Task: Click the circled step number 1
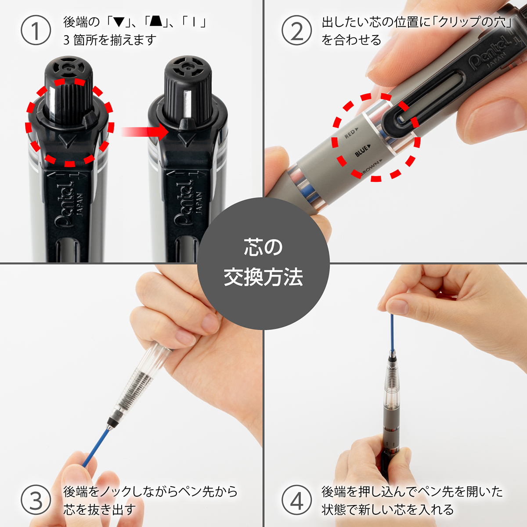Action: pos(36,30)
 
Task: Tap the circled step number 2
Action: pos(297,30)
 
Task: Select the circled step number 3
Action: pos(36,500)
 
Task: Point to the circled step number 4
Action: pos(297,500)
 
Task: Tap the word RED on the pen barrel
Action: pos(350,134)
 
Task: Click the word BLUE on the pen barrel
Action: pos(362,151)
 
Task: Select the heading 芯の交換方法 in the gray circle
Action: pos(263,263)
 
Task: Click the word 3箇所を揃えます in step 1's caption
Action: pos(110,40)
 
